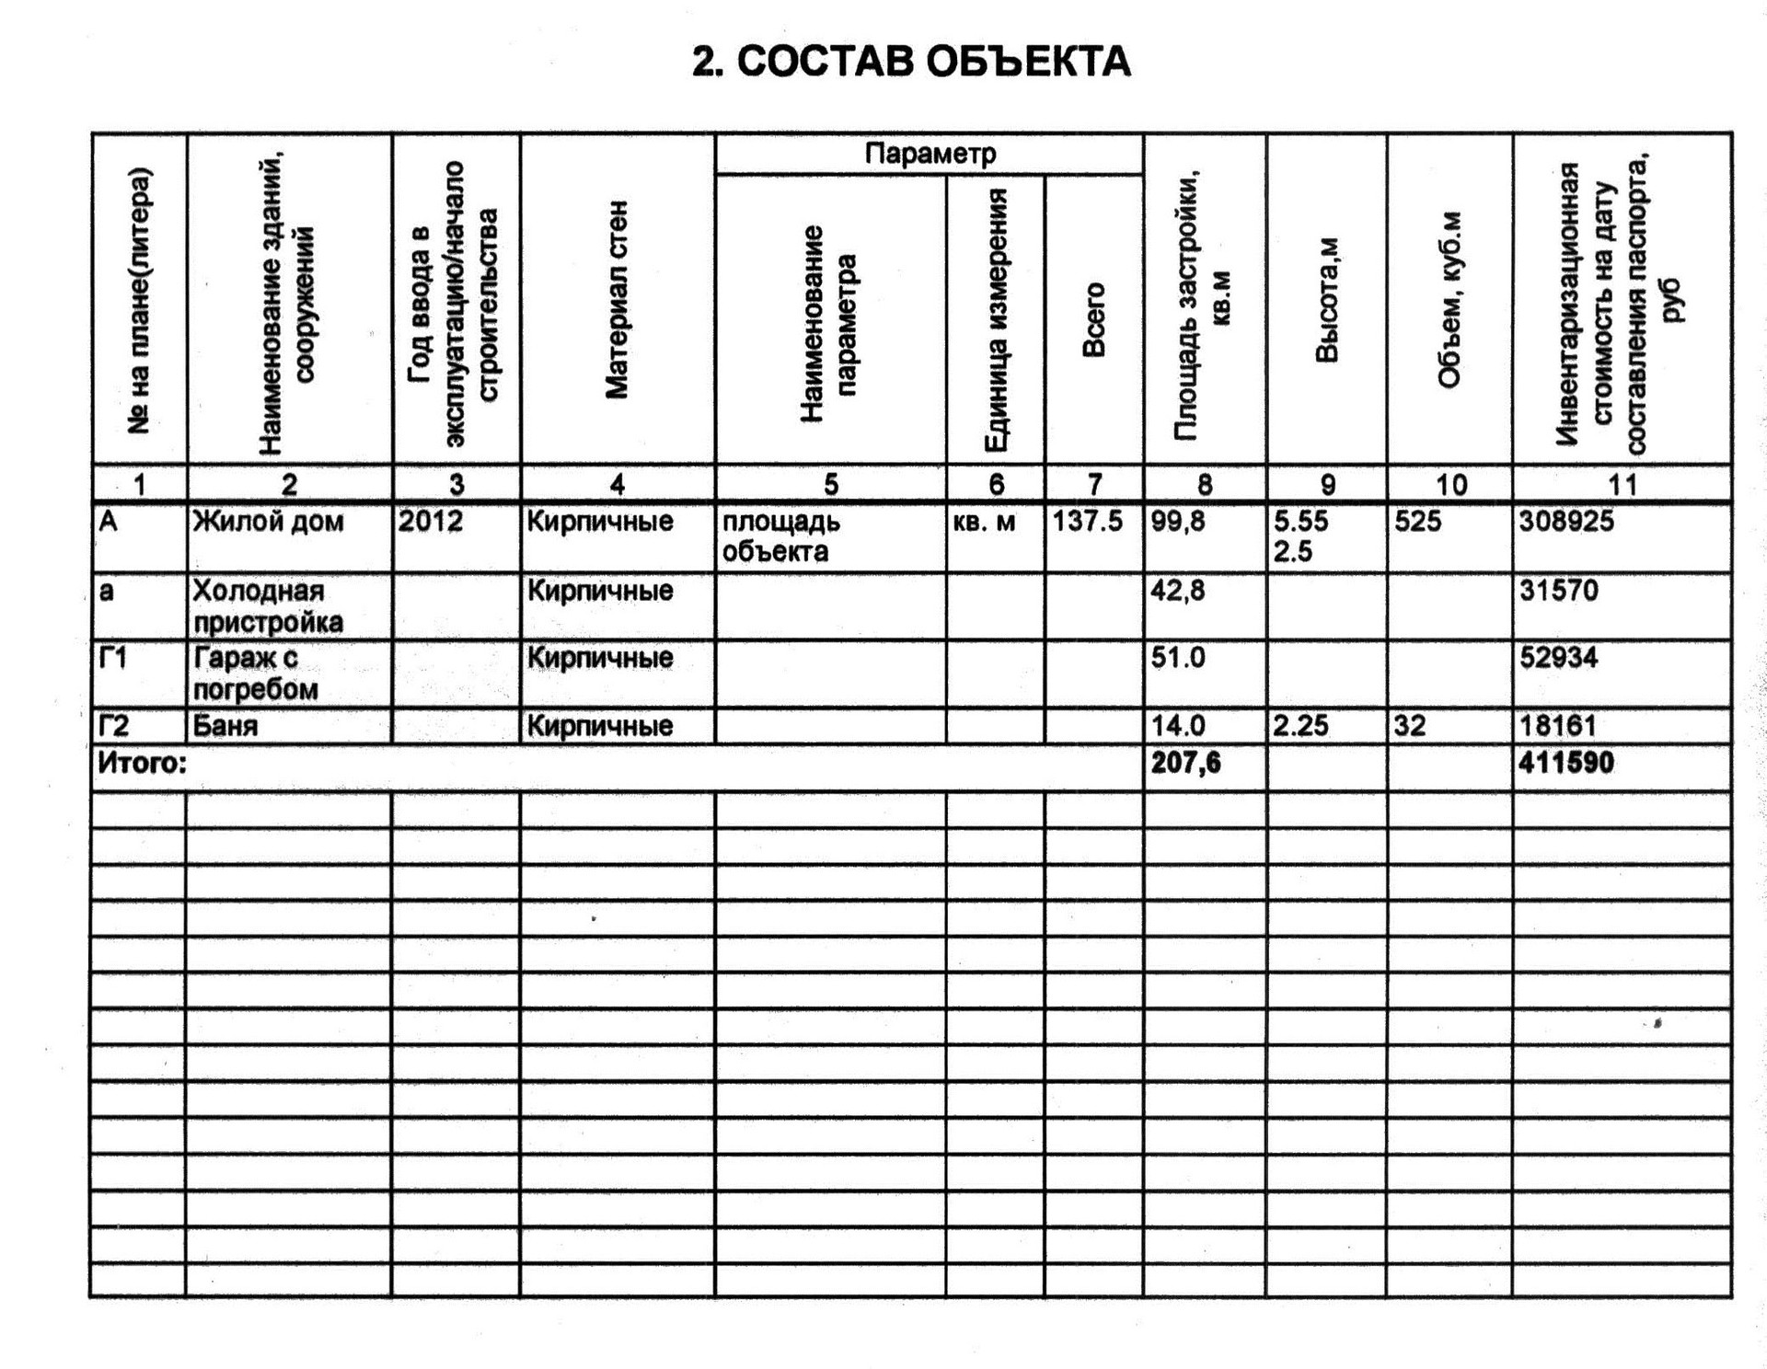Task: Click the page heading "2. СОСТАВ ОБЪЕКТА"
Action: [910, 62]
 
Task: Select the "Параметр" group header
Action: [930, 154]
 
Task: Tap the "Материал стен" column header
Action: [617, 300]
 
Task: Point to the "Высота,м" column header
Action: [1326, 300]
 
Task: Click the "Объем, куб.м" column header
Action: [1449, 300]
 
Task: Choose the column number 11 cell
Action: [1622, 484]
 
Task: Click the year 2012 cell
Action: [432, 522]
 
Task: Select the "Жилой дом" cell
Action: [268, 522]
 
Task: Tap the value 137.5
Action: [1088, 522]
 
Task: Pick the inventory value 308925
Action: [1566, 522]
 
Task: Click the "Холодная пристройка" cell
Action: [268, 606]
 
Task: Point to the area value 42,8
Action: [1178, 591]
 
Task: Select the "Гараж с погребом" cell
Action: [256, 673]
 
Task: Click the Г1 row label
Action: [113, 658]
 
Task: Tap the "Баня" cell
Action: [225, 726]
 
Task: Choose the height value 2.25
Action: [1300, 726]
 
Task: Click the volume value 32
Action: [1409, 726]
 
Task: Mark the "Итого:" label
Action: [142, 763]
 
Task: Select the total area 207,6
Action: [1185, 763]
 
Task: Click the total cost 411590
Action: [1566, 763]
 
